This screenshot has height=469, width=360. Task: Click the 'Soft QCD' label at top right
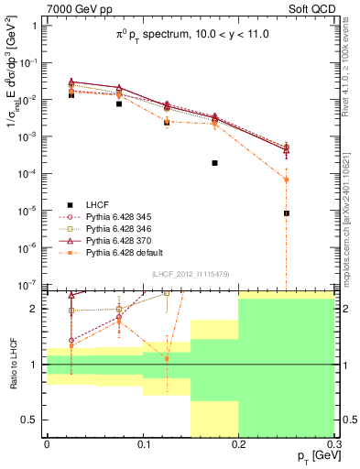tap(311, 8)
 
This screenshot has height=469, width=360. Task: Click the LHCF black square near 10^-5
tap(287, 213)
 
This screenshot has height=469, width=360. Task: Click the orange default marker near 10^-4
tap(287, 180)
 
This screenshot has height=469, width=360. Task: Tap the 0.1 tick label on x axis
tap(142, 442)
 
